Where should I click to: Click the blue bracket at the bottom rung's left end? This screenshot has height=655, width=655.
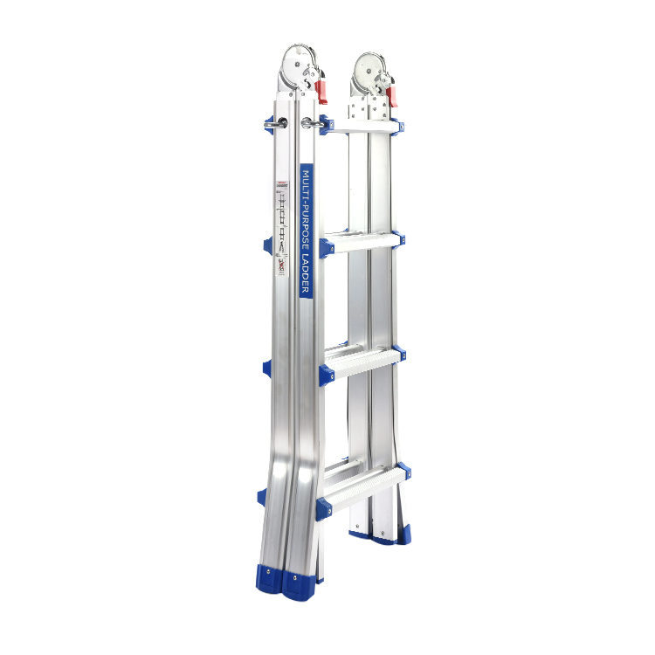[x=324, y=506]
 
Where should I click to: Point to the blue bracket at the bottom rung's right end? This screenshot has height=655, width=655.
[x=403, y=472]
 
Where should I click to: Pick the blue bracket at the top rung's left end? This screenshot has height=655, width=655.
[x=325, y=125]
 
